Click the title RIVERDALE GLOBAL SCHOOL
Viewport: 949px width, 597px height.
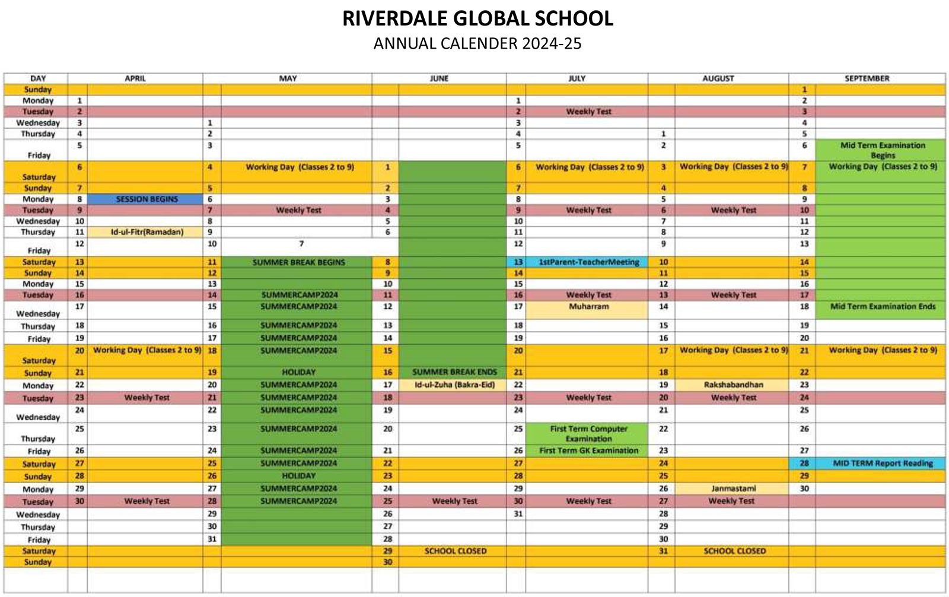click(477, 18)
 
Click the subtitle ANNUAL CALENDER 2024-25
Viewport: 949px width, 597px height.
click(477, 44)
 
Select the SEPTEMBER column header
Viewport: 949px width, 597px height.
click(867, 78)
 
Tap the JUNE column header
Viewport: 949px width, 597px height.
click(439, 78)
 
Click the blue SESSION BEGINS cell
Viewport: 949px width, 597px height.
click(147, 199)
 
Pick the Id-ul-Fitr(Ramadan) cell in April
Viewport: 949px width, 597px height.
click(147, 232)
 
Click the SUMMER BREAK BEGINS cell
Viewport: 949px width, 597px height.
click(298, 262)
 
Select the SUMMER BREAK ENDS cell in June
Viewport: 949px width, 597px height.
click(454, 372)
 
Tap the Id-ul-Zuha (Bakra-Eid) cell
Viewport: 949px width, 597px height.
click(454, 385)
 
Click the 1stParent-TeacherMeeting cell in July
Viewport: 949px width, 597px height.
click(588, 262)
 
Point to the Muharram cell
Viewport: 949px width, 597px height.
click(588, 307)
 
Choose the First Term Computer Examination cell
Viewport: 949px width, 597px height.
click(588, 433)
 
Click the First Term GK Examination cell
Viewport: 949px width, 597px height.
click(588, 450)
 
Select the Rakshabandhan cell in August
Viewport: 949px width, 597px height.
click(733, 385)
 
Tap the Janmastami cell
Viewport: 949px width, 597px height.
click(733, 488)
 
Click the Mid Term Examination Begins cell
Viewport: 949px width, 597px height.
click(882, 150)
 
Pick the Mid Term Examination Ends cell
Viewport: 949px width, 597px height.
click(882, 307)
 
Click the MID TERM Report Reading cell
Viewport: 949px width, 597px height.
click(882, 463)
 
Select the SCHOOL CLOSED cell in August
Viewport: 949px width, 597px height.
click(734, 551)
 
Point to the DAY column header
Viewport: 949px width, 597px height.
click(38, 78)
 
